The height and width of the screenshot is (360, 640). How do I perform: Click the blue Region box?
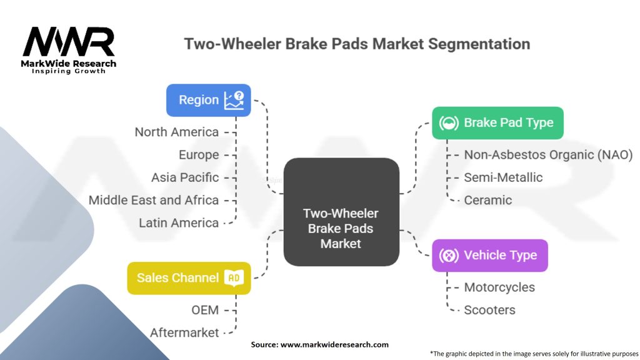tap(209, 100)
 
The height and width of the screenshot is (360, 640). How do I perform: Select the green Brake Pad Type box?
tap(497, 122)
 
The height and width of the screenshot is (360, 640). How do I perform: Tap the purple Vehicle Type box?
tap(489, 255)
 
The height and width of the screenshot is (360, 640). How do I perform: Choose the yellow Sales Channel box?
tap(189, 277)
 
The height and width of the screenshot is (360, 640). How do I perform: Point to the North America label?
tap(177, 132)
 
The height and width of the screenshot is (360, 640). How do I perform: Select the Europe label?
tap(199, 154)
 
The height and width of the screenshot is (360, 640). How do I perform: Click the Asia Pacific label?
tap(185, 177)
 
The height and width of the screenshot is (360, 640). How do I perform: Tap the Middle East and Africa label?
tap(154, 200)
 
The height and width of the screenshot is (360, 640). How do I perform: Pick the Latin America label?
tap(179, 222)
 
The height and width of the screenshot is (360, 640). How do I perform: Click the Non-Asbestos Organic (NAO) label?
tap(548, 154)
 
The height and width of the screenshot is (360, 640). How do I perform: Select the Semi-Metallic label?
tap(503, 177)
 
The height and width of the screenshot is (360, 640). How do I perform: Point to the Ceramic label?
tap(487, 200)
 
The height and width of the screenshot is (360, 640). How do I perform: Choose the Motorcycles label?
tap(499, 287)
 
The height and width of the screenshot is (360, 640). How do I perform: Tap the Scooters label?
tap(489, 310)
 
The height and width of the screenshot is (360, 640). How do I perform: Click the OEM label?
tap(205, 310)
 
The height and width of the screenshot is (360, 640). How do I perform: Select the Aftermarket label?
tap(184, 332)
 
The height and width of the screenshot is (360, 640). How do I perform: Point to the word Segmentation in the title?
tap(479, 44)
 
